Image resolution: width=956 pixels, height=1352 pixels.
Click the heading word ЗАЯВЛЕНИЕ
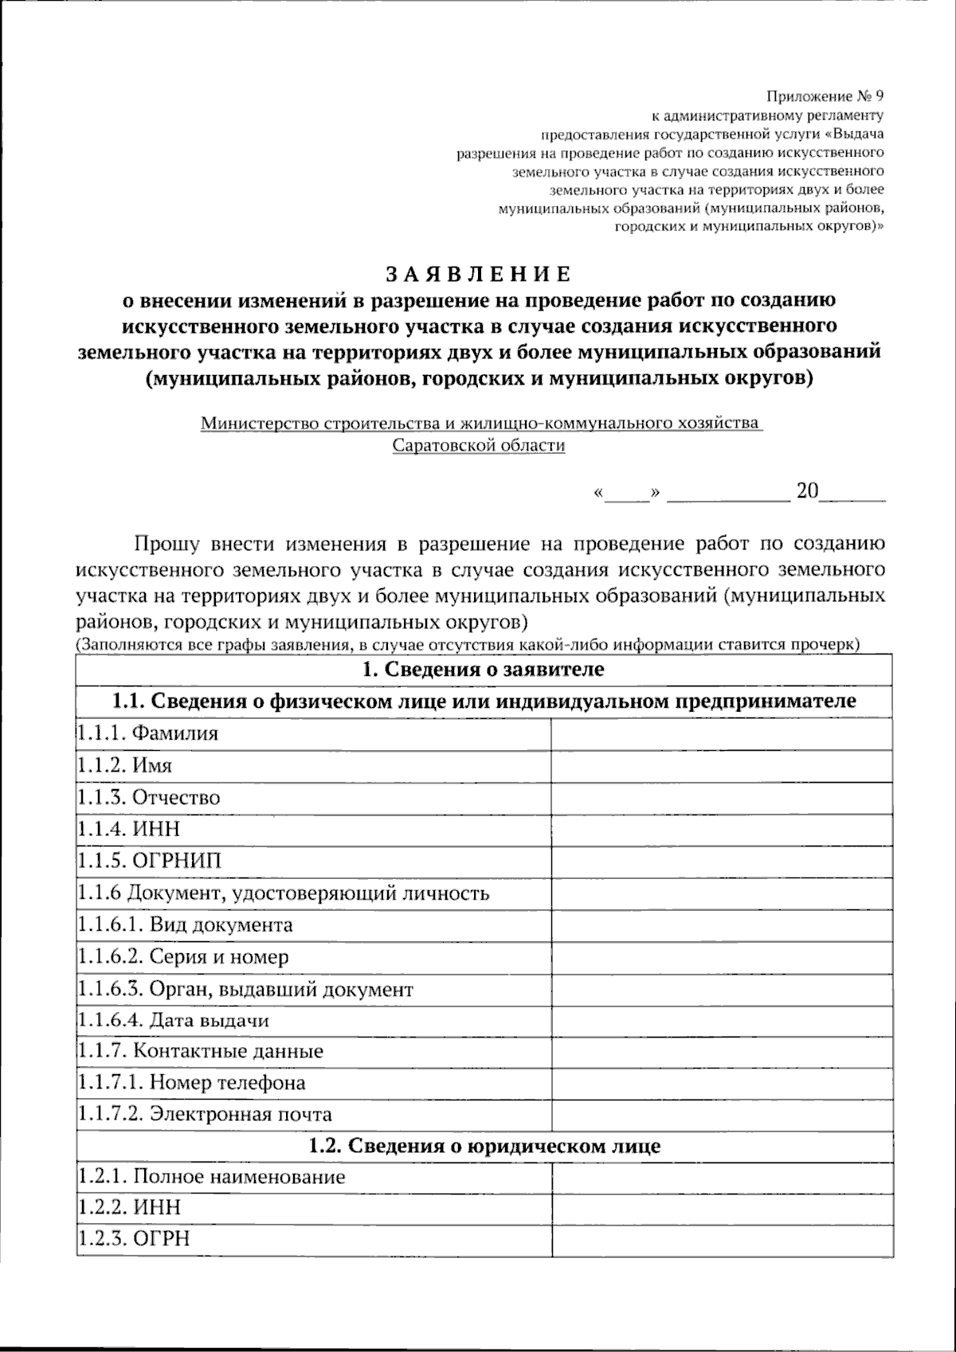click(479, 275)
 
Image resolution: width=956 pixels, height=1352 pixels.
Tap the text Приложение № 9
click(825, 97)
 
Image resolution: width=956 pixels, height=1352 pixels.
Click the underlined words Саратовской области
click(479, 446)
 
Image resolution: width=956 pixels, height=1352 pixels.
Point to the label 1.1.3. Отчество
click(149, 798)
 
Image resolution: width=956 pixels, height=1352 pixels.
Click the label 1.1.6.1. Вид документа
click(185, 925)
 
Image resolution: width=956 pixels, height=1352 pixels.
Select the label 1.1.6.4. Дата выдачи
click(174, 1020)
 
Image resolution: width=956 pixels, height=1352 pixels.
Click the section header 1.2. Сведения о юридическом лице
click(484, 1147)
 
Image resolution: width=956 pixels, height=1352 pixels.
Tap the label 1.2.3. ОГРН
click(134, 1239)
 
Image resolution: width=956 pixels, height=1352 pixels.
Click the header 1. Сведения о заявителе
click(484, 670)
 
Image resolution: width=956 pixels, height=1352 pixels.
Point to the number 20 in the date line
click(807, 491)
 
